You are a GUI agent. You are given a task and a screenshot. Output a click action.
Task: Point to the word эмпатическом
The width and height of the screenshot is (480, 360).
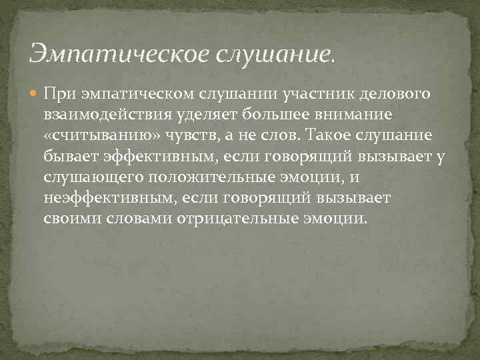pyautogui.click(x=129, y=93)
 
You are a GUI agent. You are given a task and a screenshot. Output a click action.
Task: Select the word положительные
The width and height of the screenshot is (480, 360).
pyautogui.click(x=203, y=178)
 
